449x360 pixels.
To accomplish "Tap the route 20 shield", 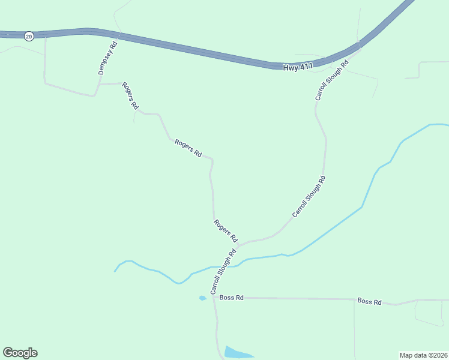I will [x=29, y=37].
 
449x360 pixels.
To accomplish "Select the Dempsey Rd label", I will [x=107, y=58].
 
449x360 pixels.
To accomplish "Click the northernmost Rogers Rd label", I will [x=130, y=95].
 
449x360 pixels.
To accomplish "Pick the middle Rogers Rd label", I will [x=188, y=148].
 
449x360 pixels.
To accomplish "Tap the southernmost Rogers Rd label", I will [x=226, y=230].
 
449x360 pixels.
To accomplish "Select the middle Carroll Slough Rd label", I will [x=309, y=196].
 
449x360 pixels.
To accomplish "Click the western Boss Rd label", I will [x=231, y=298].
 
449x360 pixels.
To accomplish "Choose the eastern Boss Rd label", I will [x=369, y=301].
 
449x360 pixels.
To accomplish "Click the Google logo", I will [x=20, y=353].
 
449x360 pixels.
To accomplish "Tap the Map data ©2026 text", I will [x=423, y=355].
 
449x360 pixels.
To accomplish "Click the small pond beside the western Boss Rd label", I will [x=203, y=298].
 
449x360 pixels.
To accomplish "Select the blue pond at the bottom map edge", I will [x=238, y=353].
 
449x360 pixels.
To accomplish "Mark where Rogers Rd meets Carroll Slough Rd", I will [x=238, y=245].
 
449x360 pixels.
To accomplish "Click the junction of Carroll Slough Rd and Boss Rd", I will [x=214, y=297].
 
